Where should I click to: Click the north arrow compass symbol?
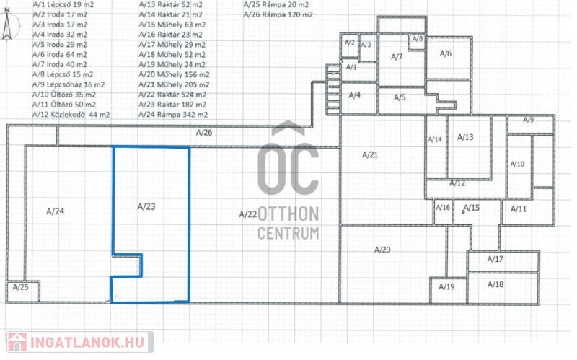point(7,25)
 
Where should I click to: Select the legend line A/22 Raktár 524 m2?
point(172,95)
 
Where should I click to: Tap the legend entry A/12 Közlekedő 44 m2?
point(71,115)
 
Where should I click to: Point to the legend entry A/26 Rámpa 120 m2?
point(278,14)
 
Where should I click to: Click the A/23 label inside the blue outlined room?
point(146,206)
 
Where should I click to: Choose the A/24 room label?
point(56,211)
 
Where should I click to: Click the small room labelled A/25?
point(23,292)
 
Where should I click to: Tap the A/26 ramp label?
point(204,133)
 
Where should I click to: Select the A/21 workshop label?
point(370,155)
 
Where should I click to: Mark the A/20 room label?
point(382,250)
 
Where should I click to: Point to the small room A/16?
point(443,212)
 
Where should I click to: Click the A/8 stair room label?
point(418,39)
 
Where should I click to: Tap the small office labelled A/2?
point(350,46)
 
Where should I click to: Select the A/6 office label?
point(446,53)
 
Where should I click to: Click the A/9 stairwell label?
point(529,120)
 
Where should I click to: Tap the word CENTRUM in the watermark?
point(288,233)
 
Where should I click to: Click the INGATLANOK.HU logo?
point(79,343)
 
